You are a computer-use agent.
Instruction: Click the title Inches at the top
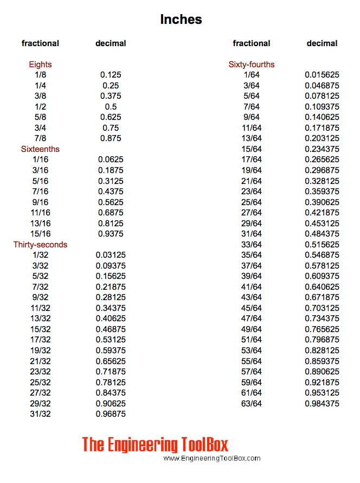pos(181,20)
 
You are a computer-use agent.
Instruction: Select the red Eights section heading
pos(40,65)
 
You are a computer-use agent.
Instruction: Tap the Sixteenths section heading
pos(40,149)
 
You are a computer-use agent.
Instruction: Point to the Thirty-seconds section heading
pos(40,245)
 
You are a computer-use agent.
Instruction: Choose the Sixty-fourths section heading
pos(252,65)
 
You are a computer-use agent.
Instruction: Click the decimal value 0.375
pos(111,96)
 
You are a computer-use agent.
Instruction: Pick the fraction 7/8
pos(40,138)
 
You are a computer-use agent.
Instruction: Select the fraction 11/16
pos(40,213)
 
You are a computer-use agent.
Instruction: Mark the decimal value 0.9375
pos(111,234)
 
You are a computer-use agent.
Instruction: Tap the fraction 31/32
pos(40,414)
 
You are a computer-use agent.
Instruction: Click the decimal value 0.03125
pos(111,255)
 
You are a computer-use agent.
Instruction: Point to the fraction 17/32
pos(40,340)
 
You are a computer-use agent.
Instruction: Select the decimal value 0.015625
pos(322,75)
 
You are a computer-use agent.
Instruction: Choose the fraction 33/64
pos(252,245)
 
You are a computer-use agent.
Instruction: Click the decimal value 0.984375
pos(322,404)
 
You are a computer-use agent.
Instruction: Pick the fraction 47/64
pos(252,319)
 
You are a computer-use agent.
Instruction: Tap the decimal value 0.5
pos(111,107)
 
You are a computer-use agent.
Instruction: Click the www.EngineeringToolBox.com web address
pos(212,459)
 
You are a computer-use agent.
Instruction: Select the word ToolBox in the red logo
pos(203,445)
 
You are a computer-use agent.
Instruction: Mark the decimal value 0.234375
pos(322,149)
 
